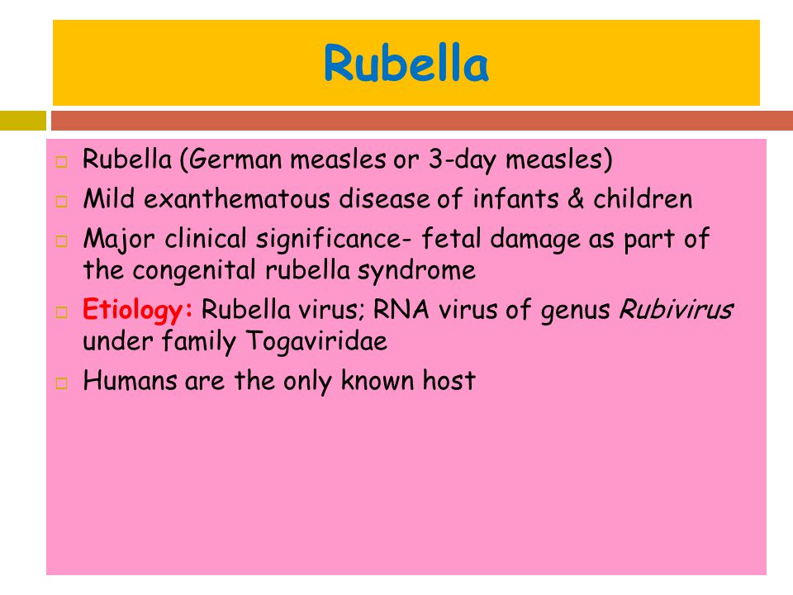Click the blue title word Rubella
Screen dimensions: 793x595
pyautogui.click(x=406, y=63)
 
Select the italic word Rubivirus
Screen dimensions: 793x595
pyautogui.click(x=677, y=309)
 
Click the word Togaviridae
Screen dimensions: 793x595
pyautogui.click(x=316, y=341)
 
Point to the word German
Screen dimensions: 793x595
pyautogui.click(x=235, y=159)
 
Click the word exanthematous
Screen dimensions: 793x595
pyautogui.click(x=237, y=199)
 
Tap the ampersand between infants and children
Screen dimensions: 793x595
pyautogui.click(x=576, y=199)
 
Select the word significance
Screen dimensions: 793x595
pyautogui.click(x=329, y=240)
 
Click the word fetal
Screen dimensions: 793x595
pyautogui.click(x=451, y=238)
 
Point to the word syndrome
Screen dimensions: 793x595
pyautogui.click(x=416, y=271)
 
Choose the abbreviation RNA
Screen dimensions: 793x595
pyautogui.click(x=401, y=310)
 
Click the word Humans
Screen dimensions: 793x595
pyautogui.click(x=130, y=380)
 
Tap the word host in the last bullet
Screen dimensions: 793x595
pyautogui.click(x=449, y=380)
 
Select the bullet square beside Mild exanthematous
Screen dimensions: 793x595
pyautogui.click(x=61, y=202)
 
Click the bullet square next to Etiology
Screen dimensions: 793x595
pyautogui.click(x=61, y=312)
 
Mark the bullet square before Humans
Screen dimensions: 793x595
pyautogui.click(x=61, y=383)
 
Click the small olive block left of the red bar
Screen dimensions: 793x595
pyautogui.click(x=23, y=121)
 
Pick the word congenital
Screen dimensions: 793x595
pyautogui.click(x=194, y=271)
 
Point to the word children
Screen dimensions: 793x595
pyautogui.click(x=643, y=199)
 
